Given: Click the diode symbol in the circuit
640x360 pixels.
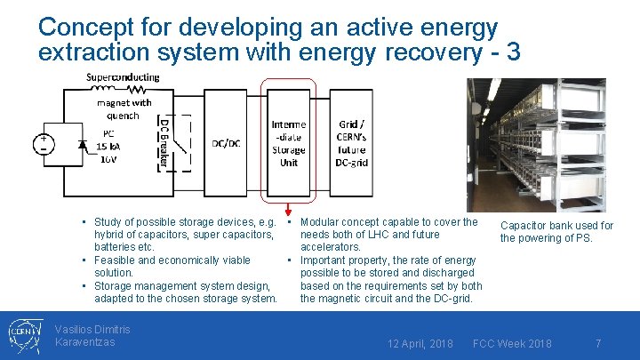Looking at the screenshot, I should point(83,143).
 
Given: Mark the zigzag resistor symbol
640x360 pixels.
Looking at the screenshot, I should point(138,89).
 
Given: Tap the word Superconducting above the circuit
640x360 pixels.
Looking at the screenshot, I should point(123,76).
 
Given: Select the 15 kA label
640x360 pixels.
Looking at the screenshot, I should point(108,147).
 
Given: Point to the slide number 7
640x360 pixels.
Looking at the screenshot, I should point(598,343).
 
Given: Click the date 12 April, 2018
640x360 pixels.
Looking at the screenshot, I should point(420,343).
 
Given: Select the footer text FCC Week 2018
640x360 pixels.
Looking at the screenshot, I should point(512,343).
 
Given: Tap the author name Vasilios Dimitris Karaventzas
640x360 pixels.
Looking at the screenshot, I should point(92,335).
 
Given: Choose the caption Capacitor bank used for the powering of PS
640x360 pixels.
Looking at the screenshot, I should point(556,232).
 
